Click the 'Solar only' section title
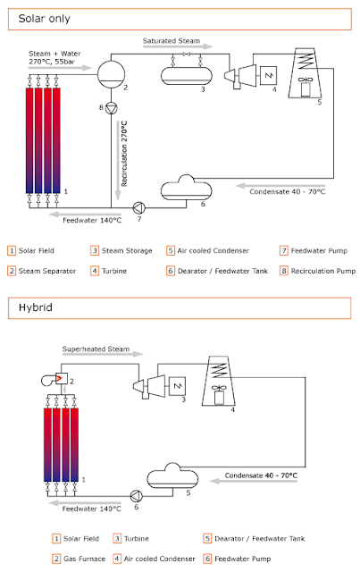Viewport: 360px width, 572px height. (x=44, y=19)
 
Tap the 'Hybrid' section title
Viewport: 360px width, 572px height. (x=36, y=307)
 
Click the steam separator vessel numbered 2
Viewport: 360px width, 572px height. (x=112, y=74)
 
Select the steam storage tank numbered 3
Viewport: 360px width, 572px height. (x=187, y=75)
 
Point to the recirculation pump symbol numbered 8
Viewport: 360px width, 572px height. (x=112, y=108)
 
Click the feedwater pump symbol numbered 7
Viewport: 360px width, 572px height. (x=139, y=208)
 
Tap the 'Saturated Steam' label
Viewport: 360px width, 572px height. (x=171, y=41)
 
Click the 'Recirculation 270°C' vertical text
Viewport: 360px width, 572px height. (x=124, y=154)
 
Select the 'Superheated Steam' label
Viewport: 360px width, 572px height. (x=96, y=349)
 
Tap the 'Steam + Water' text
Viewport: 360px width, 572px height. (x=54, y=54)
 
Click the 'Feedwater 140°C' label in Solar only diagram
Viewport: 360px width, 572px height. (x=92, y=221)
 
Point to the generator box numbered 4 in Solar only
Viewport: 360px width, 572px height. (x=268, y=75)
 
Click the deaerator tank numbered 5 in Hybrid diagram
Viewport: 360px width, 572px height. (x=172, y=476)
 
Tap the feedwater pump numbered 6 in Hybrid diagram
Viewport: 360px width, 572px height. (x=137, y=496)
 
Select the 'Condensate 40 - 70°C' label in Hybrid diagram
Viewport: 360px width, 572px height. (x=261, y=475)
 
